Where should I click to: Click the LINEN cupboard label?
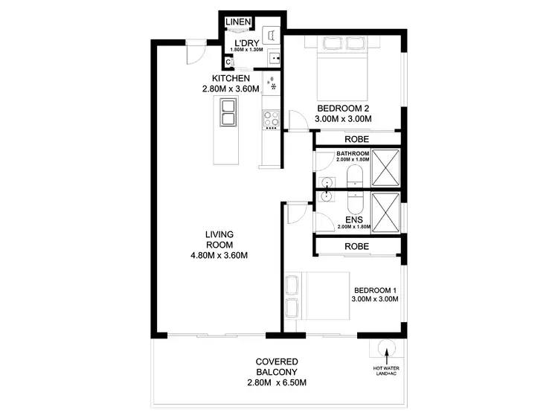point(238,22)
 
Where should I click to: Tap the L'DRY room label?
point(246,42)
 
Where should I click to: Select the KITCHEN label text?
point(230,79)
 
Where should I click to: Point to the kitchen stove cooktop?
point(270,118)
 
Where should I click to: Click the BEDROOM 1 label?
point(376,290)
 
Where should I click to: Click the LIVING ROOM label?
point(219,240)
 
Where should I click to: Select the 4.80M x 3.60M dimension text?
point(219,257)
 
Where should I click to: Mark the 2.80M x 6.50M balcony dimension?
point(275,383)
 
